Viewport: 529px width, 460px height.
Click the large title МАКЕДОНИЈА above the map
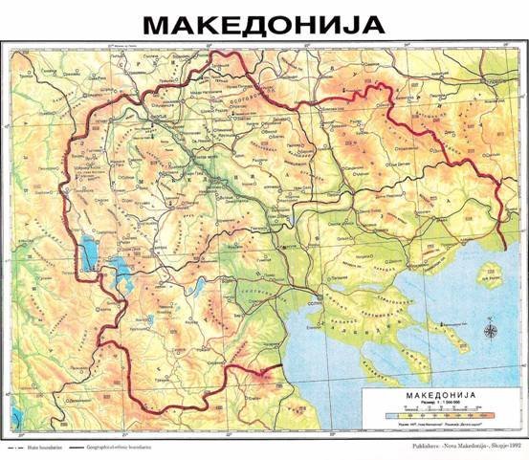click(263, 23)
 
